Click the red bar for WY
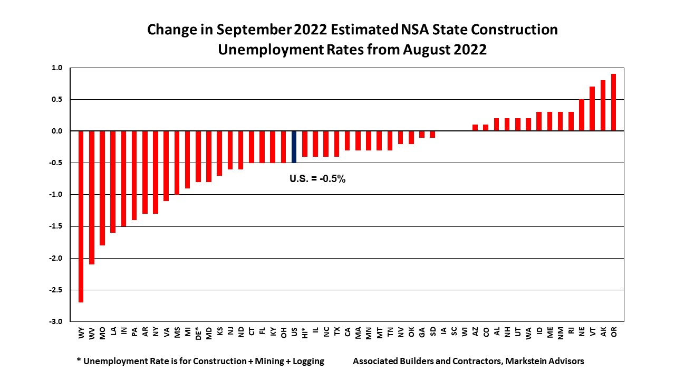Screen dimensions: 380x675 pyautogui.click(x=81, y=216)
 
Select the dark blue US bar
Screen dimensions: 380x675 pyautogui.click(x=294, y=147)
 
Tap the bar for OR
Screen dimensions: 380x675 pyautogui.click(x=613, y=102)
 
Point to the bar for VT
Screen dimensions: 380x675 pyautogui.click(x=592, y=109)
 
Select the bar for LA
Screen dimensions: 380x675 pyautogui.click(x=113, y=182)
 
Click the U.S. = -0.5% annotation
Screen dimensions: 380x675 pyautogui.click(x=317, y=179)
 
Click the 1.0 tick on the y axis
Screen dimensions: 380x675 pyautogui.click(x=57, y=68)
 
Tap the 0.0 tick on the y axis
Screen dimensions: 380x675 pyautogui.click(x=57, y=131)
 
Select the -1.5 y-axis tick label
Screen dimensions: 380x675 pyautogui.click(x=56, y=226)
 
